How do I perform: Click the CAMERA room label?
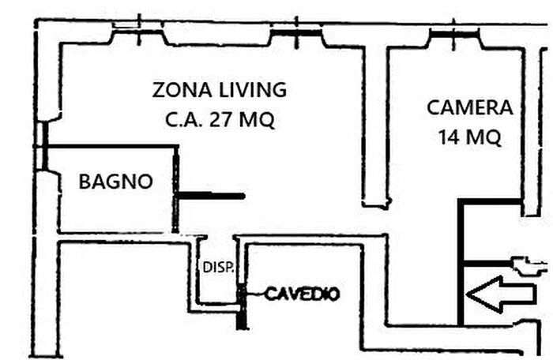point(469,107)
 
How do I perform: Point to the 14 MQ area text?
point(469,137)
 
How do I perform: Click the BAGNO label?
point(115,182)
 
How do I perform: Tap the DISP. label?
point(218,267)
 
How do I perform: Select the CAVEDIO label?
point(302,294)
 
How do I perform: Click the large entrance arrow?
point(500,294)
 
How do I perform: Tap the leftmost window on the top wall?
point(137,31)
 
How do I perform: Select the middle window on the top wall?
point(296,32)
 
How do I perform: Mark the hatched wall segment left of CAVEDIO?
point(243,305)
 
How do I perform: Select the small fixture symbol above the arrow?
point(528,265)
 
